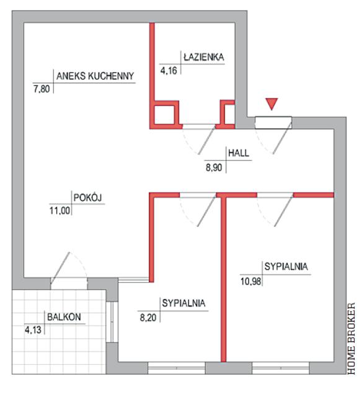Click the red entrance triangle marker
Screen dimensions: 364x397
coord(272,104)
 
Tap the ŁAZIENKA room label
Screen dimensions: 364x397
coord(204,57)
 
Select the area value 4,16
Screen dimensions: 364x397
coord(169,70)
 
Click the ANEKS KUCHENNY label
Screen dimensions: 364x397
coord(95,76)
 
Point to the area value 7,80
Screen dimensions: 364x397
coord(42,89)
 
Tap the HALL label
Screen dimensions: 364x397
coord(239,153)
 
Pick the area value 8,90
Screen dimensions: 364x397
coord(214,167)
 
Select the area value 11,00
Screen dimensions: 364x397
coord(60,210)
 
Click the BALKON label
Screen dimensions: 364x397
coord(64,317)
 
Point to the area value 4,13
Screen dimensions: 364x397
coord(33,330)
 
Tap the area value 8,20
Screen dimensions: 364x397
coord(148,318)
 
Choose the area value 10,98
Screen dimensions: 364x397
coord(251,281)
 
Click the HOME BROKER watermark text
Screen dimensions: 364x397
coord(351,338)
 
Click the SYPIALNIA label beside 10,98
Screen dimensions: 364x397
coord(286,267)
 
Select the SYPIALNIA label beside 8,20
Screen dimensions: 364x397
coord(184,303)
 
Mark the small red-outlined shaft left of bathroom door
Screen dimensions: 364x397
coord(164,115)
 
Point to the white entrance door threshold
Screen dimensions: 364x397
coord(273,123)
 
